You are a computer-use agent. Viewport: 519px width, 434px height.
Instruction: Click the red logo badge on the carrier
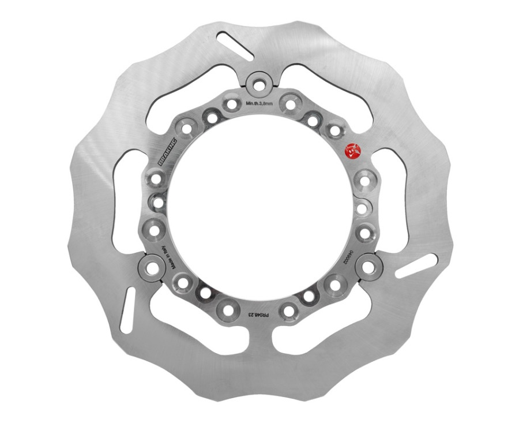(x=351, y=152)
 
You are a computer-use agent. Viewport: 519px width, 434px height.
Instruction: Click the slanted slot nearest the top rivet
(x=234, y=46)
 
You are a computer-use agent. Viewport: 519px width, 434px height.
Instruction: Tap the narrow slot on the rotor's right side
(x=416, y=266)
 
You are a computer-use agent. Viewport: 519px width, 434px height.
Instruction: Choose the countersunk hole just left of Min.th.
(x=232, y=105)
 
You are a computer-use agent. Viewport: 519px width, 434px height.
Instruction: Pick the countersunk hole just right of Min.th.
(x=288, y=105)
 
